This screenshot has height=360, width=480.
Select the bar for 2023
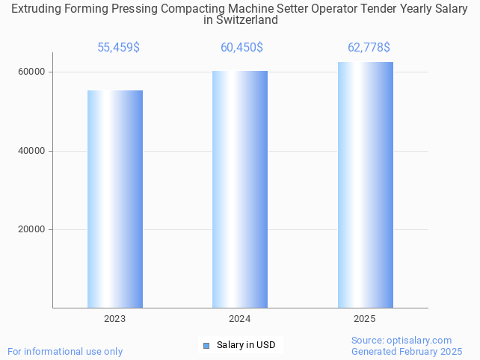(115, 199)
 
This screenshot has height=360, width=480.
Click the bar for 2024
(240, 189)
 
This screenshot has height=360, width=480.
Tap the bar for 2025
(365, 184)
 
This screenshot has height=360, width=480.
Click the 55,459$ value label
(118, 48)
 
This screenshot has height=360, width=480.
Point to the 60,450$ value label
(241, 48)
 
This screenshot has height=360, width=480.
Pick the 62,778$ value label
(369, 48)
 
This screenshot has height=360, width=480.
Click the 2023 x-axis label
(115, 319)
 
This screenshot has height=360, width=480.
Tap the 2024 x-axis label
(240, 319)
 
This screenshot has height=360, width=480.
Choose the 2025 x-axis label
(365, 319)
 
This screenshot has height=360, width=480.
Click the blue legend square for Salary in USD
(207, 345)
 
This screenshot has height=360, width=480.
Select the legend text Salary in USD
(246, 345)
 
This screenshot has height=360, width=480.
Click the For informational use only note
(65, 351)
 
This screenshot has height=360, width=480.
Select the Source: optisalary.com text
(401, 340)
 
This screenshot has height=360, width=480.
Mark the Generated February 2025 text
(407, 351)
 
